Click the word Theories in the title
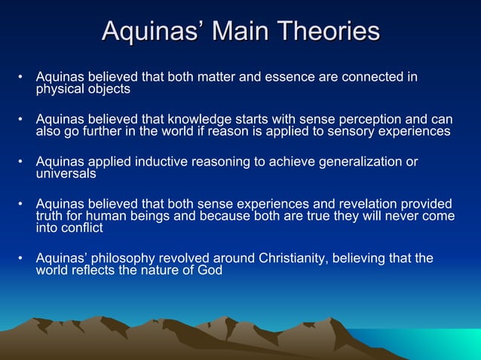328,32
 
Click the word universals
66,173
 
